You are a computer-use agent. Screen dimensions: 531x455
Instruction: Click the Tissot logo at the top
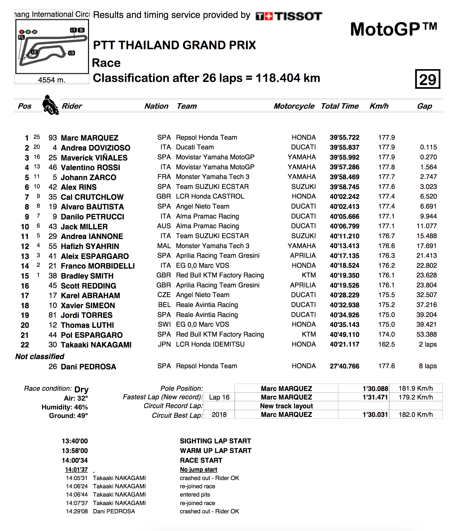click(289, 16)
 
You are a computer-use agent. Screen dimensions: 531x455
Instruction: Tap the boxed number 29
click(427, 79)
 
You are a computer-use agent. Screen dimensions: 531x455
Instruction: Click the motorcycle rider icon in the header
click(50, 105)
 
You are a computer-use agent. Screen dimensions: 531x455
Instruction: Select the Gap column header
click(424, 106)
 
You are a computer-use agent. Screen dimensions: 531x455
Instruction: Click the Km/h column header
click(379, 106)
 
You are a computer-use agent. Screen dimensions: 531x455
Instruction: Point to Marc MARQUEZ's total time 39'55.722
click(344, 138)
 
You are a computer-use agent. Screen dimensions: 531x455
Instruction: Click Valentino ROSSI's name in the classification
click(90, 167)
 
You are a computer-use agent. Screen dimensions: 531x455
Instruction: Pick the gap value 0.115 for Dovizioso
click(428, 147)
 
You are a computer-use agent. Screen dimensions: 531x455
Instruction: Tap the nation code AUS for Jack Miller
click(164, 226)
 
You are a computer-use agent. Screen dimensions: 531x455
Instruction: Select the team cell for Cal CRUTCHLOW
click(210, 197)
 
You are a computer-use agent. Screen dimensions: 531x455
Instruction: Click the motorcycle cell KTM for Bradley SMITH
click(309, 275)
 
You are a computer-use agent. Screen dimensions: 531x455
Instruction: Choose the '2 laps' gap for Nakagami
click(428, 345)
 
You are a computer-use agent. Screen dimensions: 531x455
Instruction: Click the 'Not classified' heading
click(40, 357)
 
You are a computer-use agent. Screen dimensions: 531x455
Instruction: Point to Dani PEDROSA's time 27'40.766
click(344, 366)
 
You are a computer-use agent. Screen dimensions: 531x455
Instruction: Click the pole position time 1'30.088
click(375, 389)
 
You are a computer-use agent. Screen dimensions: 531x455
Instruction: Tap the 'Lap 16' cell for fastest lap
click(219, 397)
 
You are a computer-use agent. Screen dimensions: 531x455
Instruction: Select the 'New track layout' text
click(286, 406)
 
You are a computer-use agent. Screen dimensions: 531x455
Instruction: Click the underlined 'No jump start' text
click(198, 470)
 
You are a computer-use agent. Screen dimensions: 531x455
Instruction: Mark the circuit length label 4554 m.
click(52, 80)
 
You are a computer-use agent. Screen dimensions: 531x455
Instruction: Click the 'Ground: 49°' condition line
click(68, 416)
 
